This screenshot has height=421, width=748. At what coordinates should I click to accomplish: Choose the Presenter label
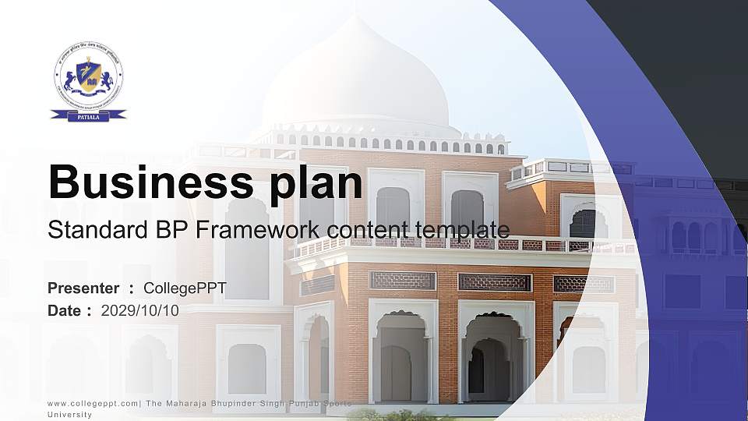click(x=83, y=288)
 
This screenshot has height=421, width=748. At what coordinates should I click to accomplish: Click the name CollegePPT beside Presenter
click(x=185, y=288)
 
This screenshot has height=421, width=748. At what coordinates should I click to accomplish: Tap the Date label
click(x=65, y=310)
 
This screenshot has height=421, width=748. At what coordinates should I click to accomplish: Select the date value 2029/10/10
click(x=140, y=310)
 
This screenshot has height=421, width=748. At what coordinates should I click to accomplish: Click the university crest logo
click(x=88, y=80)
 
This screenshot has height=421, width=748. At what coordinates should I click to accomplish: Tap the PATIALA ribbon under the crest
click(x=88, y=115)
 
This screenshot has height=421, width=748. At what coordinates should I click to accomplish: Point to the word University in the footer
click(x=69, y=415)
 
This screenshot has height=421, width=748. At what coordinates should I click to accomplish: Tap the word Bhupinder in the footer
click(x=238, y=403)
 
